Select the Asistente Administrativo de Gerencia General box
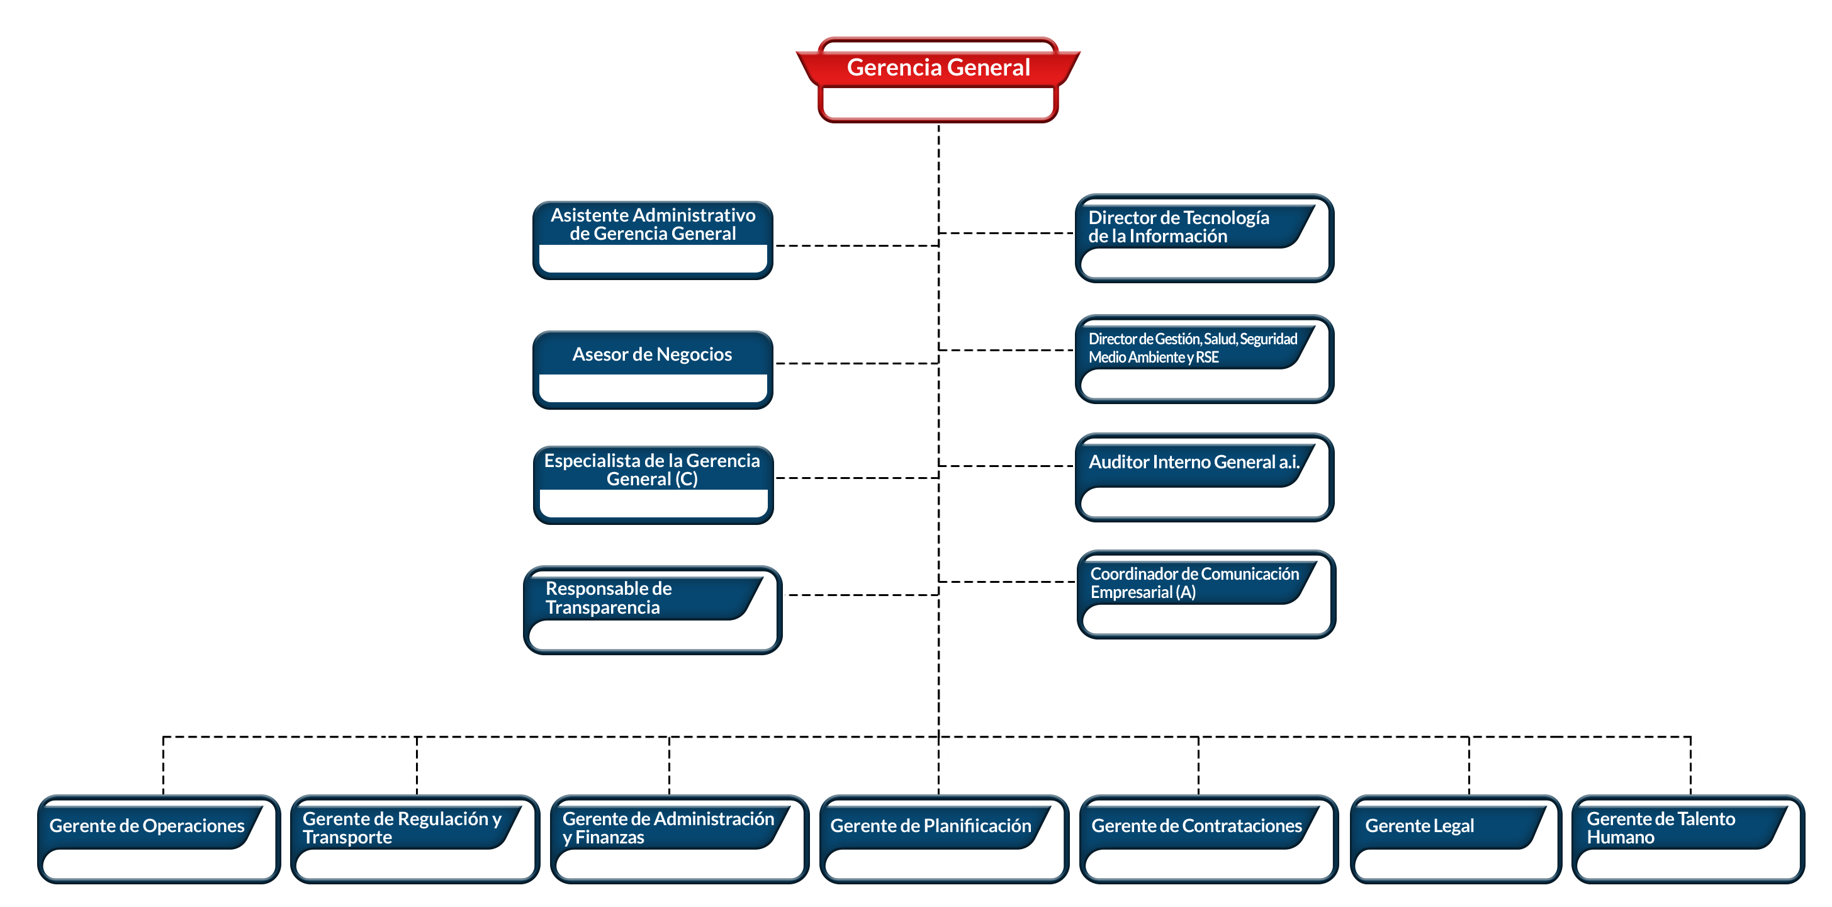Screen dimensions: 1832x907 point(652,240)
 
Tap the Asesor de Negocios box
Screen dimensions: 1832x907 point(652,370)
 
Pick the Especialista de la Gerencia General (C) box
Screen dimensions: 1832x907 point(653,485)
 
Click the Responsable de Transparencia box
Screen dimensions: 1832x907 point(652,611)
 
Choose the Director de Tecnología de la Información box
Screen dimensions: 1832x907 point(1204,239)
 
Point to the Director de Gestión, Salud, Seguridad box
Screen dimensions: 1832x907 point(1204,359)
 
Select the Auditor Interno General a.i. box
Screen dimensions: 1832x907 point(1204,477)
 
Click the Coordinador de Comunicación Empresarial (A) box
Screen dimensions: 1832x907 point(1206,595)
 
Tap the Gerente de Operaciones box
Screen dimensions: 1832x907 point(159,840)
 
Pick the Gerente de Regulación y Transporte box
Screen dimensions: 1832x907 point(415,840)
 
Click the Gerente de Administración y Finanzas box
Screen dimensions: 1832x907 point(679,840)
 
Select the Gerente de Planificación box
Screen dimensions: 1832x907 point(944,840)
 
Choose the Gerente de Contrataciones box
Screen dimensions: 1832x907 point(1208,840)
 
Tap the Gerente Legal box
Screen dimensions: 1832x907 point(1455,840)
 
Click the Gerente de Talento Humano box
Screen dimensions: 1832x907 point(1688,840)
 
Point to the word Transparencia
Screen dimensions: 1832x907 point(602,607)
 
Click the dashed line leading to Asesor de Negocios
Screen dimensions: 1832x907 point(857,364)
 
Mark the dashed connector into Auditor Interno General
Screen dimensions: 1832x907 point(1006,466)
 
